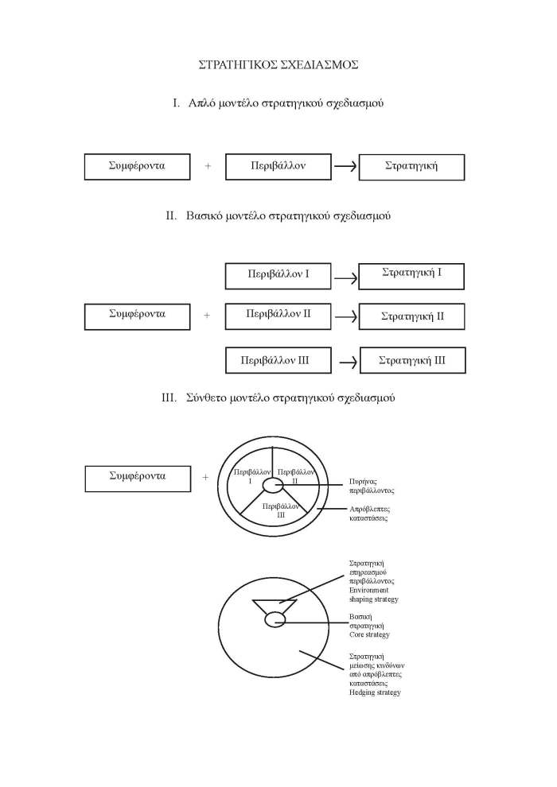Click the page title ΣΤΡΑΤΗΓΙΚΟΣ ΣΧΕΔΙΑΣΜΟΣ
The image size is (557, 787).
pos(278,64)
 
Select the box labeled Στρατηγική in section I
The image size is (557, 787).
pos(411,167)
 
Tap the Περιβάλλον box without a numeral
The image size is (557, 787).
pos(277,167)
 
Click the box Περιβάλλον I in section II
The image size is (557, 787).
pos(278,276)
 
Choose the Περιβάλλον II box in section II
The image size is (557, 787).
pos(278,316)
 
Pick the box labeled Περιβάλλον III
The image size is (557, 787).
pos(275,360)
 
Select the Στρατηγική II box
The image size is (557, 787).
pos(411,316)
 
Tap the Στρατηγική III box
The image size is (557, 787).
pos(412,360)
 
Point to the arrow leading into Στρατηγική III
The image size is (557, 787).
pos(347,362)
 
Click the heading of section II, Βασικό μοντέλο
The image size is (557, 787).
pos(278,215)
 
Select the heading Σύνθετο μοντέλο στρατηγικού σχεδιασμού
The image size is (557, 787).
pos(278,397)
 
